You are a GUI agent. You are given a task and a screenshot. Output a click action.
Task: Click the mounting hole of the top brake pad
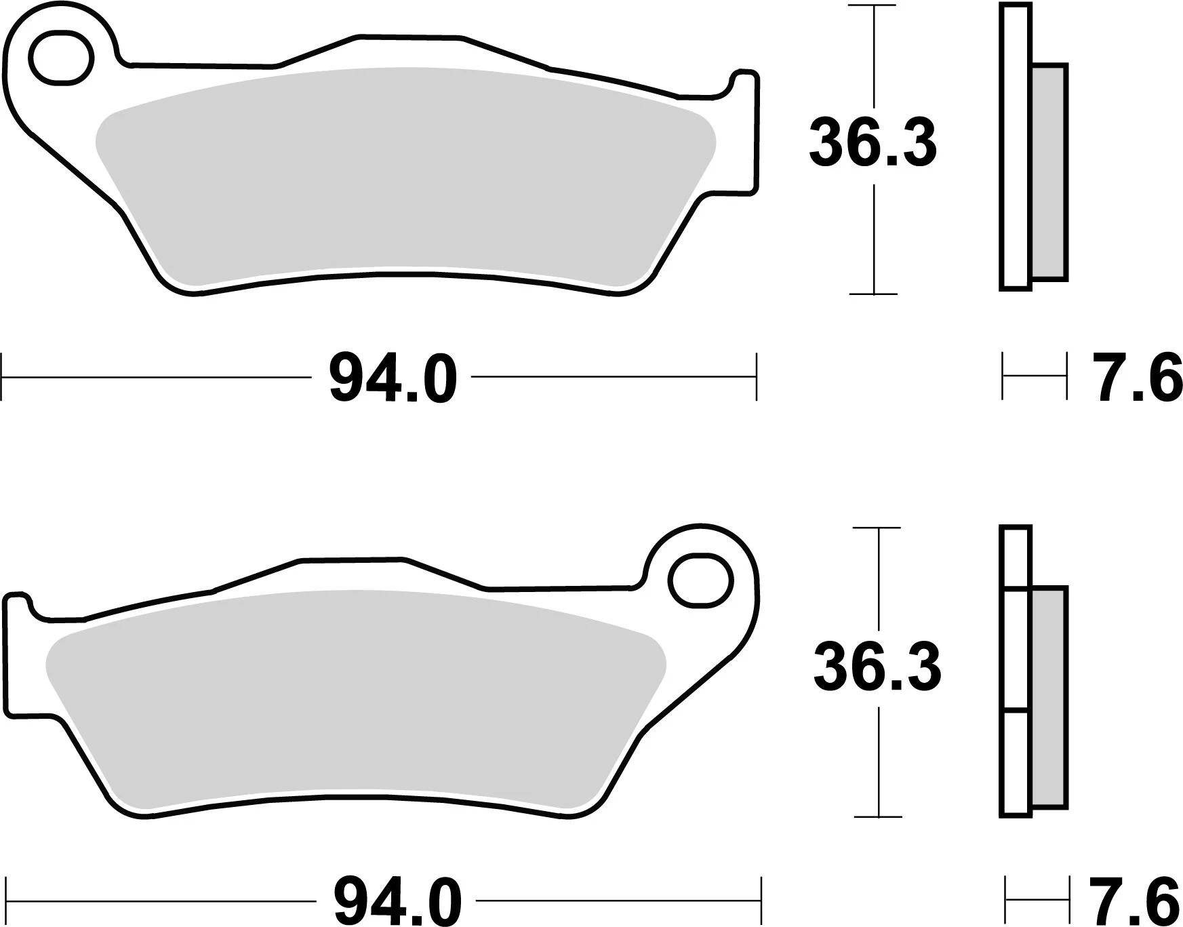(60, 58)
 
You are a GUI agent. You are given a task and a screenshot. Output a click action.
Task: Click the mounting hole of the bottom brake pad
(701, 580)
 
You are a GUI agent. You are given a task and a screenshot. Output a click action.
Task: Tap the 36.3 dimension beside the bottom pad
(877, 667)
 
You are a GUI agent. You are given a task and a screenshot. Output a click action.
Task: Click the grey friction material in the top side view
(1049, 173)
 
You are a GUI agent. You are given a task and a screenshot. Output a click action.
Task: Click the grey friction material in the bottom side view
(1048, 697)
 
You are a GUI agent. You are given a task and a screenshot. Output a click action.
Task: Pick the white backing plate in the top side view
(1015, 146)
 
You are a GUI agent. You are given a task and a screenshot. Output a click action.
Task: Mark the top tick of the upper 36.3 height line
(875, 6)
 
